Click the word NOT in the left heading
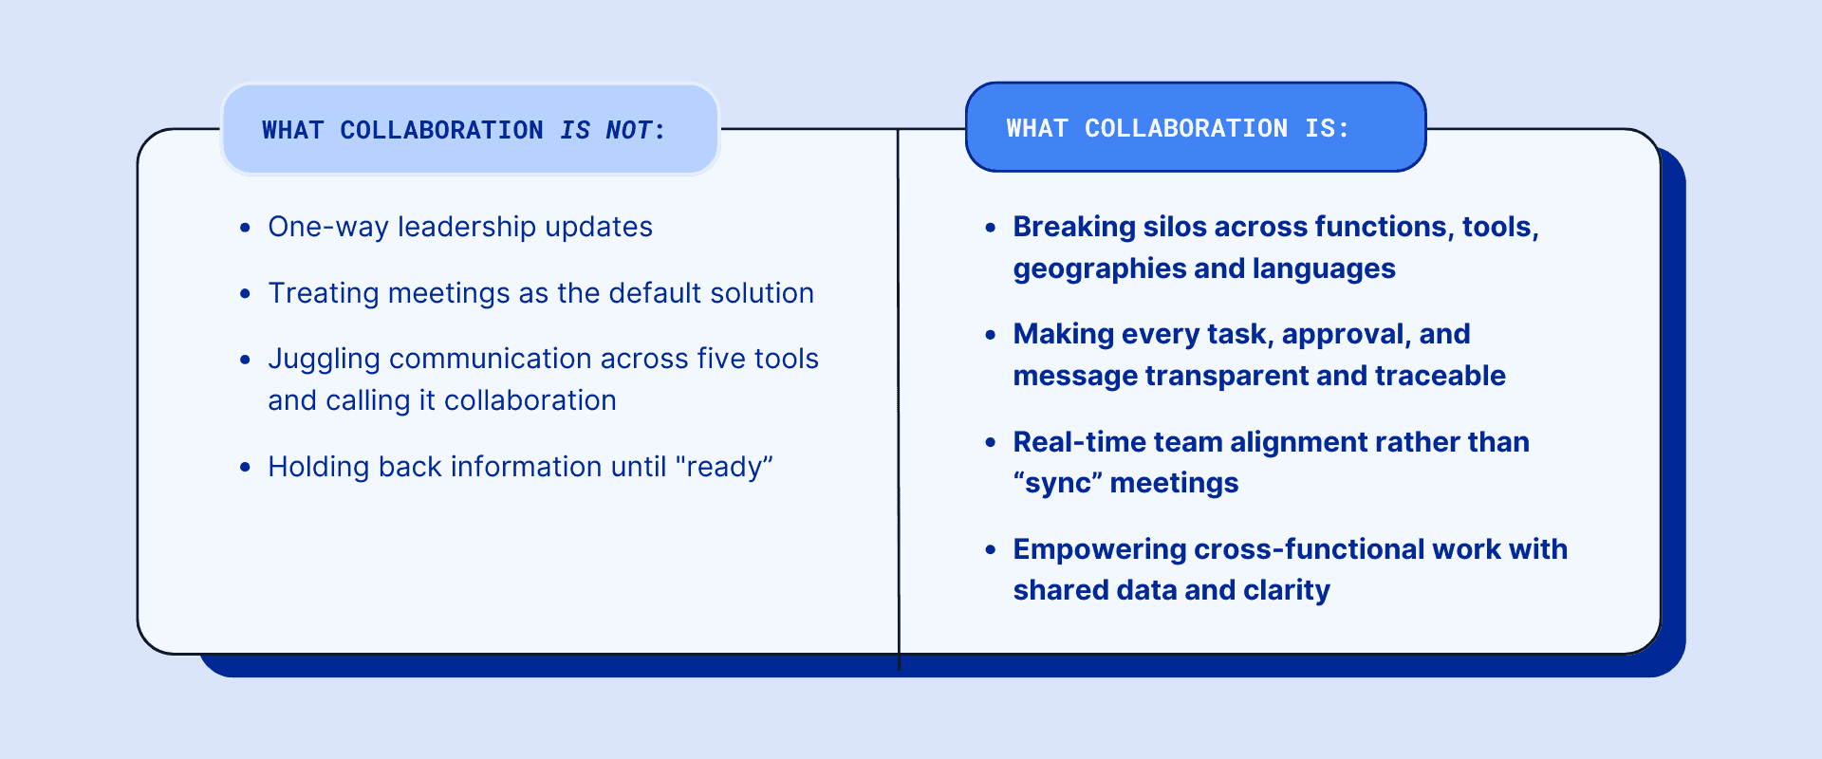[628, 130]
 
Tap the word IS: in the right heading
[1327, 128]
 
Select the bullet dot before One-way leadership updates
[246, 228]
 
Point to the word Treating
[324, 293]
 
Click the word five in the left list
[720, 359]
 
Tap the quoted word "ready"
[724, 467]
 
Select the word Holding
[319, 467]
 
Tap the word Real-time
[1069, 442]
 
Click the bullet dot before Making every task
[991, 335]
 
